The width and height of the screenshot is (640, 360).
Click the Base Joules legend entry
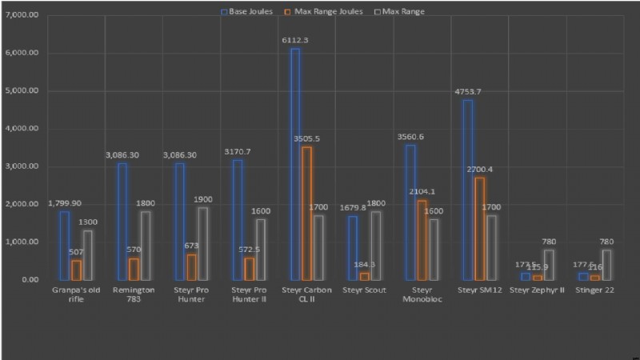point(249,12)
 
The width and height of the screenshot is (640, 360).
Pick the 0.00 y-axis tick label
point(30,279)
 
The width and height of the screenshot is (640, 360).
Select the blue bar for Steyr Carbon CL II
point(295,164)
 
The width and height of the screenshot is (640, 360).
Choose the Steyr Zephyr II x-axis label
point(537,290)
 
